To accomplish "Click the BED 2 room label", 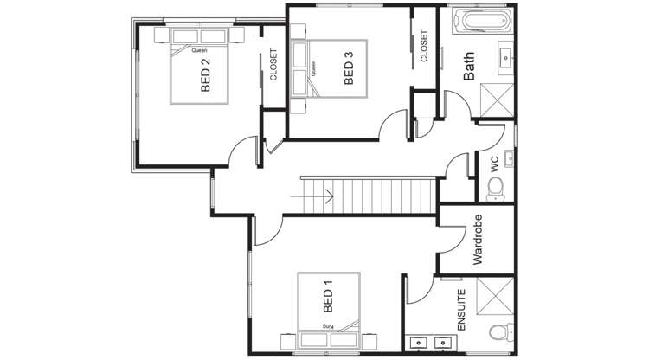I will (206, 74).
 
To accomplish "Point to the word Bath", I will (469, 67).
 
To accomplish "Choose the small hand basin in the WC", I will (510, 158).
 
